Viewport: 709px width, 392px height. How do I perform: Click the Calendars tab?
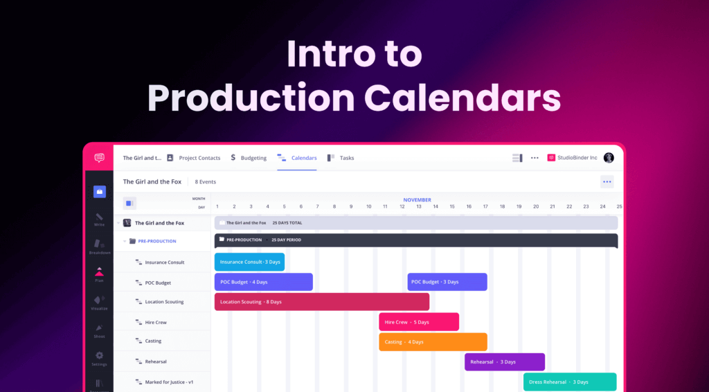point(298,158)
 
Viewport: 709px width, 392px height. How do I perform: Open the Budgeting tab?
point(249,158)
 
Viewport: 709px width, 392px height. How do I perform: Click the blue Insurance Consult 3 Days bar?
point(249,262)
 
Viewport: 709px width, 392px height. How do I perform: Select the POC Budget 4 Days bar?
point(263,282)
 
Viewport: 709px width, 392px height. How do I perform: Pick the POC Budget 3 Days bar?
point(447,282)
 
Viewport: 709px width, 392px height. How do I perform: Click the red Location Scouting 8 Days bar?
point(321,302)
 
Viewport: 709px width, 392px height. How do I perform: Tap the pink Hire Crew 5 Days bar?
point(418,322)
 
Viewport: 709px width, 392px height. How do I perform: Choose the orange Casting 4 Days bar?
point(433,341)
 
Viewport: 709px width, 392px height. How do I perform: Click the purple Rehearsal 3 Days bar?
point(504,362)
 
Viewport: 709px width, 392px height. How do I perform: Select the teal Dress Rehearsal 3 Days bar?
point(569,382)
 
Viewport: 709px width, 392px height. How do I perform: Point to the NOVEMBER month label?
point(417,199)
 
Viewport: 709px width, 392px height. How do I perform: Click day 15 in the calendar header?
point(452,206)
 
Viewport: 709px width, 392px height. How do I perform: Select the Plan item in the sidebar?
point(100,274)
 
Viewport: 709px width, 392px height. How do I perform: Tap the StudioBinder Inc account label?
point(572,158)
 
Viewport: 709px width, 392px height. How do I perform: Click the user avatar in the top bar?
point(609,158)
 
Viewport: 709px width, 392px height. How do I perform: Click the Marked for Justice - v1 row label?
point(168,382)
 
